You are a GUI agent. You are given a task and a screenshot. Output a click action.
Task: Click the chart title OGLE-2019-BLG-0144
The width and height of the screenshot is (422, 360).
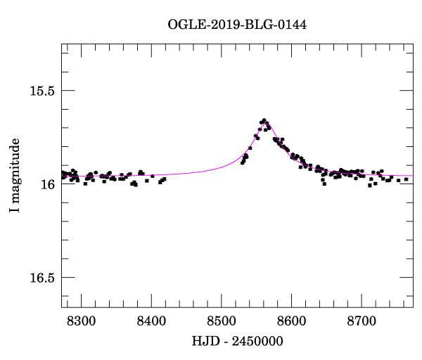(237, 25)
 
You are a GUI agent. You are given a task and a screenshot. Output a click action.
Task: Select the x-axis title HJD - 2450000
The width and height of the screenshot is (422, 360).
(237, 341)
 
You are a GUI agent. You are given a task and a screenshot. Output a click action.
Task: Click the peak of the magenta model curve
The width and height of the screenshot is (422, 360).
(266, 123)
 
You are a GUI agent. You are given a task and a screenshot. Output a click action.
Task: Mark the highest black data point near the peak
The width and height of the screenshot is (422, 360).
(264, 120)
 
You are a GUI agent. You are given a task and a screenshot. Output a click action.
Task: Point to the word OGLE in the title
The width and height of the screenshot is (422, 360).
(184, 25)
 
